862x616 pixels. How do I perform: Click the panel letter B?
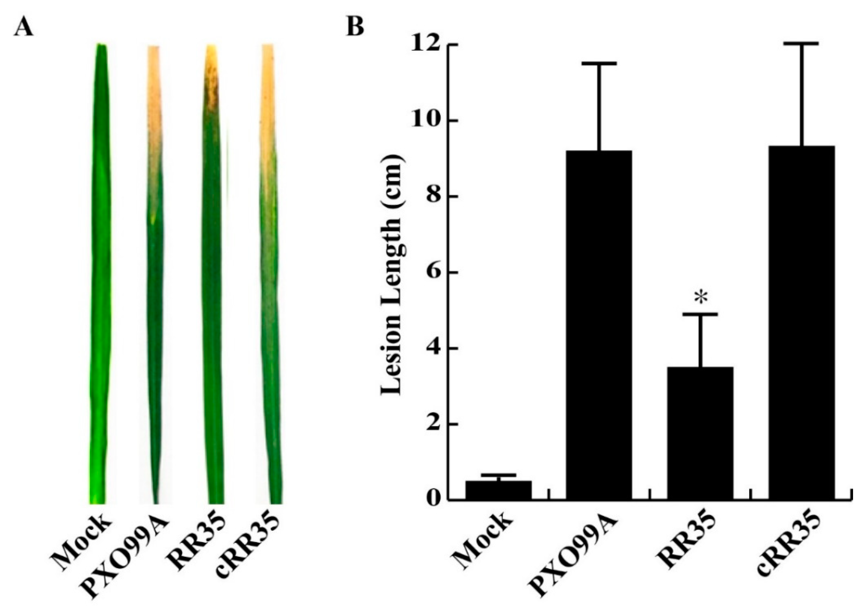pyautogui.click(x=355, y=27)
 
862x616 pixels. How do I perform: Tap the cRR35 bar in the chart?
pyautogui.click(x=802, y=322)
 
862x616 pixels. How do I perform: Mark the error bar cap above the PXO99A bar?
pyautogui.click(x=599, y=63)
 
